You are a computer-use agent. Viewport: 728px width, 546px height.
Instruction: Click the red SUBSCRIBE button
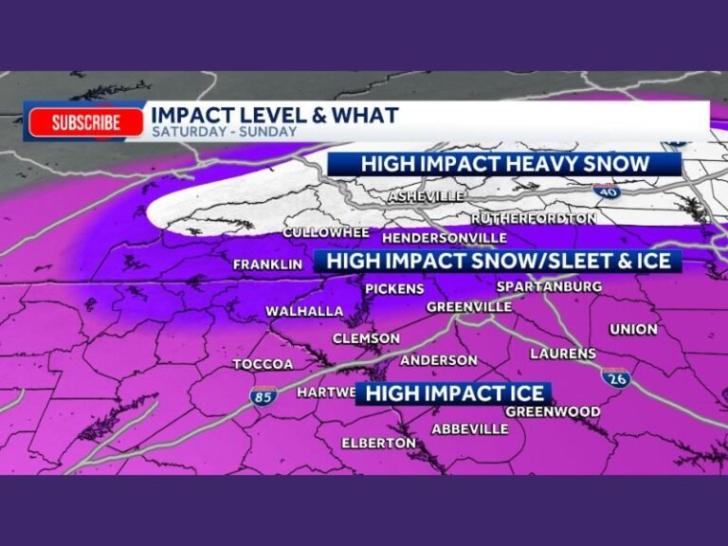tap(86, 122)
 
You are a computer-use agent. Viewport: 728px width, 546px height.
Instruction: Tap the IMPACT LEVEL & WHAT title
tap(275, 115)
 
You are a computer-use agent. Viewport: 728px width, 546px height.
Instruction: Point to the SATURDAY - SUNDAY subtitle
tap(225, 133)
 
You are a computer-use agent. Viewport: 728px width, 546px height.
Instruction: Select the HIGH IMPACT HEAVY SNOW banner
tap(504, 163)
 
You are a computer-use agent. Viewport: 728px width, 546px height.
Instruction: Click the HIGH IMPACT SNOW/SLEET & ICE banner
tap(498, 260)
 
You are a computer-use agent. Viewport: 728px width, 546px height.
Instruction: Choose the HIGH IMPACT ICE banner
tap(455, 392)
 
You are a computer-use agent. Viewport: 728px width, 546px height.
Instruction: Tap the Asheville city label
tap(427, 196)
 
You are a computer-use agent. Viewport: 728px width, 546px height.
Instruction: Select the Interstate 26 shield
tap(614, 376)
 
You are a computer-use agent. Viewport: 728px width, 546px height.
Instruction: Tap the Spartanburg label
tap(549, 286)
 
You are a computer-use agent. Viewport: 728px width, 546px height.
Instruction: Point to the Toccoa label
tap(263, 364)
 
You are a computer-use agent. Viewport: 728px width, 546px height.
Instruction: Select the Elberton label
tap(378, 443)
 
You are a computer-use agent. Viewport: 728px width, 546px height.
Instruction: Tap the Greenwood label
tap(552, 411)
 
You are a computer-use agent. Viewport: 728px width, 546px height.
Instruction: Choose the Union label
tap(633, 329)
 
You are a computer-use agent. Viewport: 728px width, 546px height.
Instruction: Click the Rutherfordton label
tap(534, 218)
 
